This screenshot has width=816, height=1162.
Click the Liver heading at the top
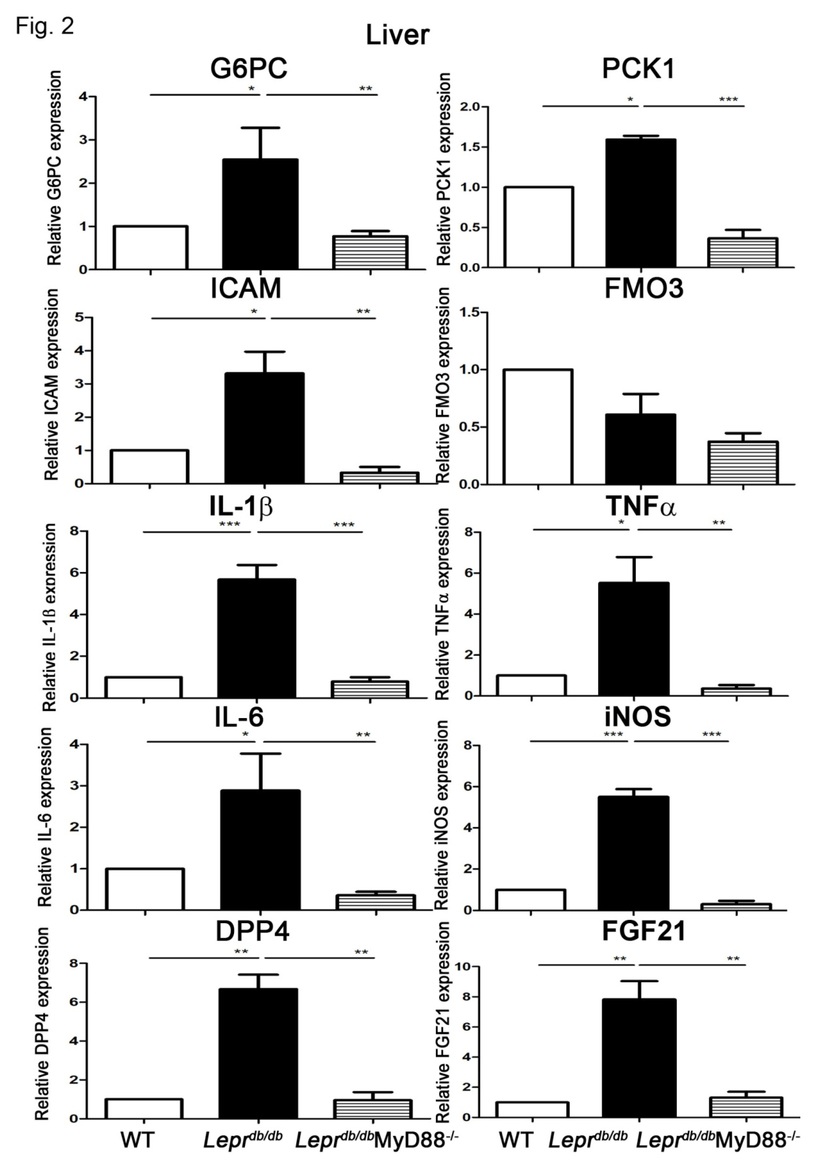click(x=397, y=36)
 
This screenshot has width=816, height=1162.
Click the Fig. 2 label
click(x=45, y=25)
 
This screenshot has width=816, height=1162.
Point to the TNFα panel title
click(x=640, y=507)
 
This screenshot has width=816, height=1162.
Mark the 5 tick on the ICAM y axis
click(x=79, y=317)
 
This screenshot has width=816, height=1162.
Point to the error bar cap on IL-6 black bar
click(x=262, y=754)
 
